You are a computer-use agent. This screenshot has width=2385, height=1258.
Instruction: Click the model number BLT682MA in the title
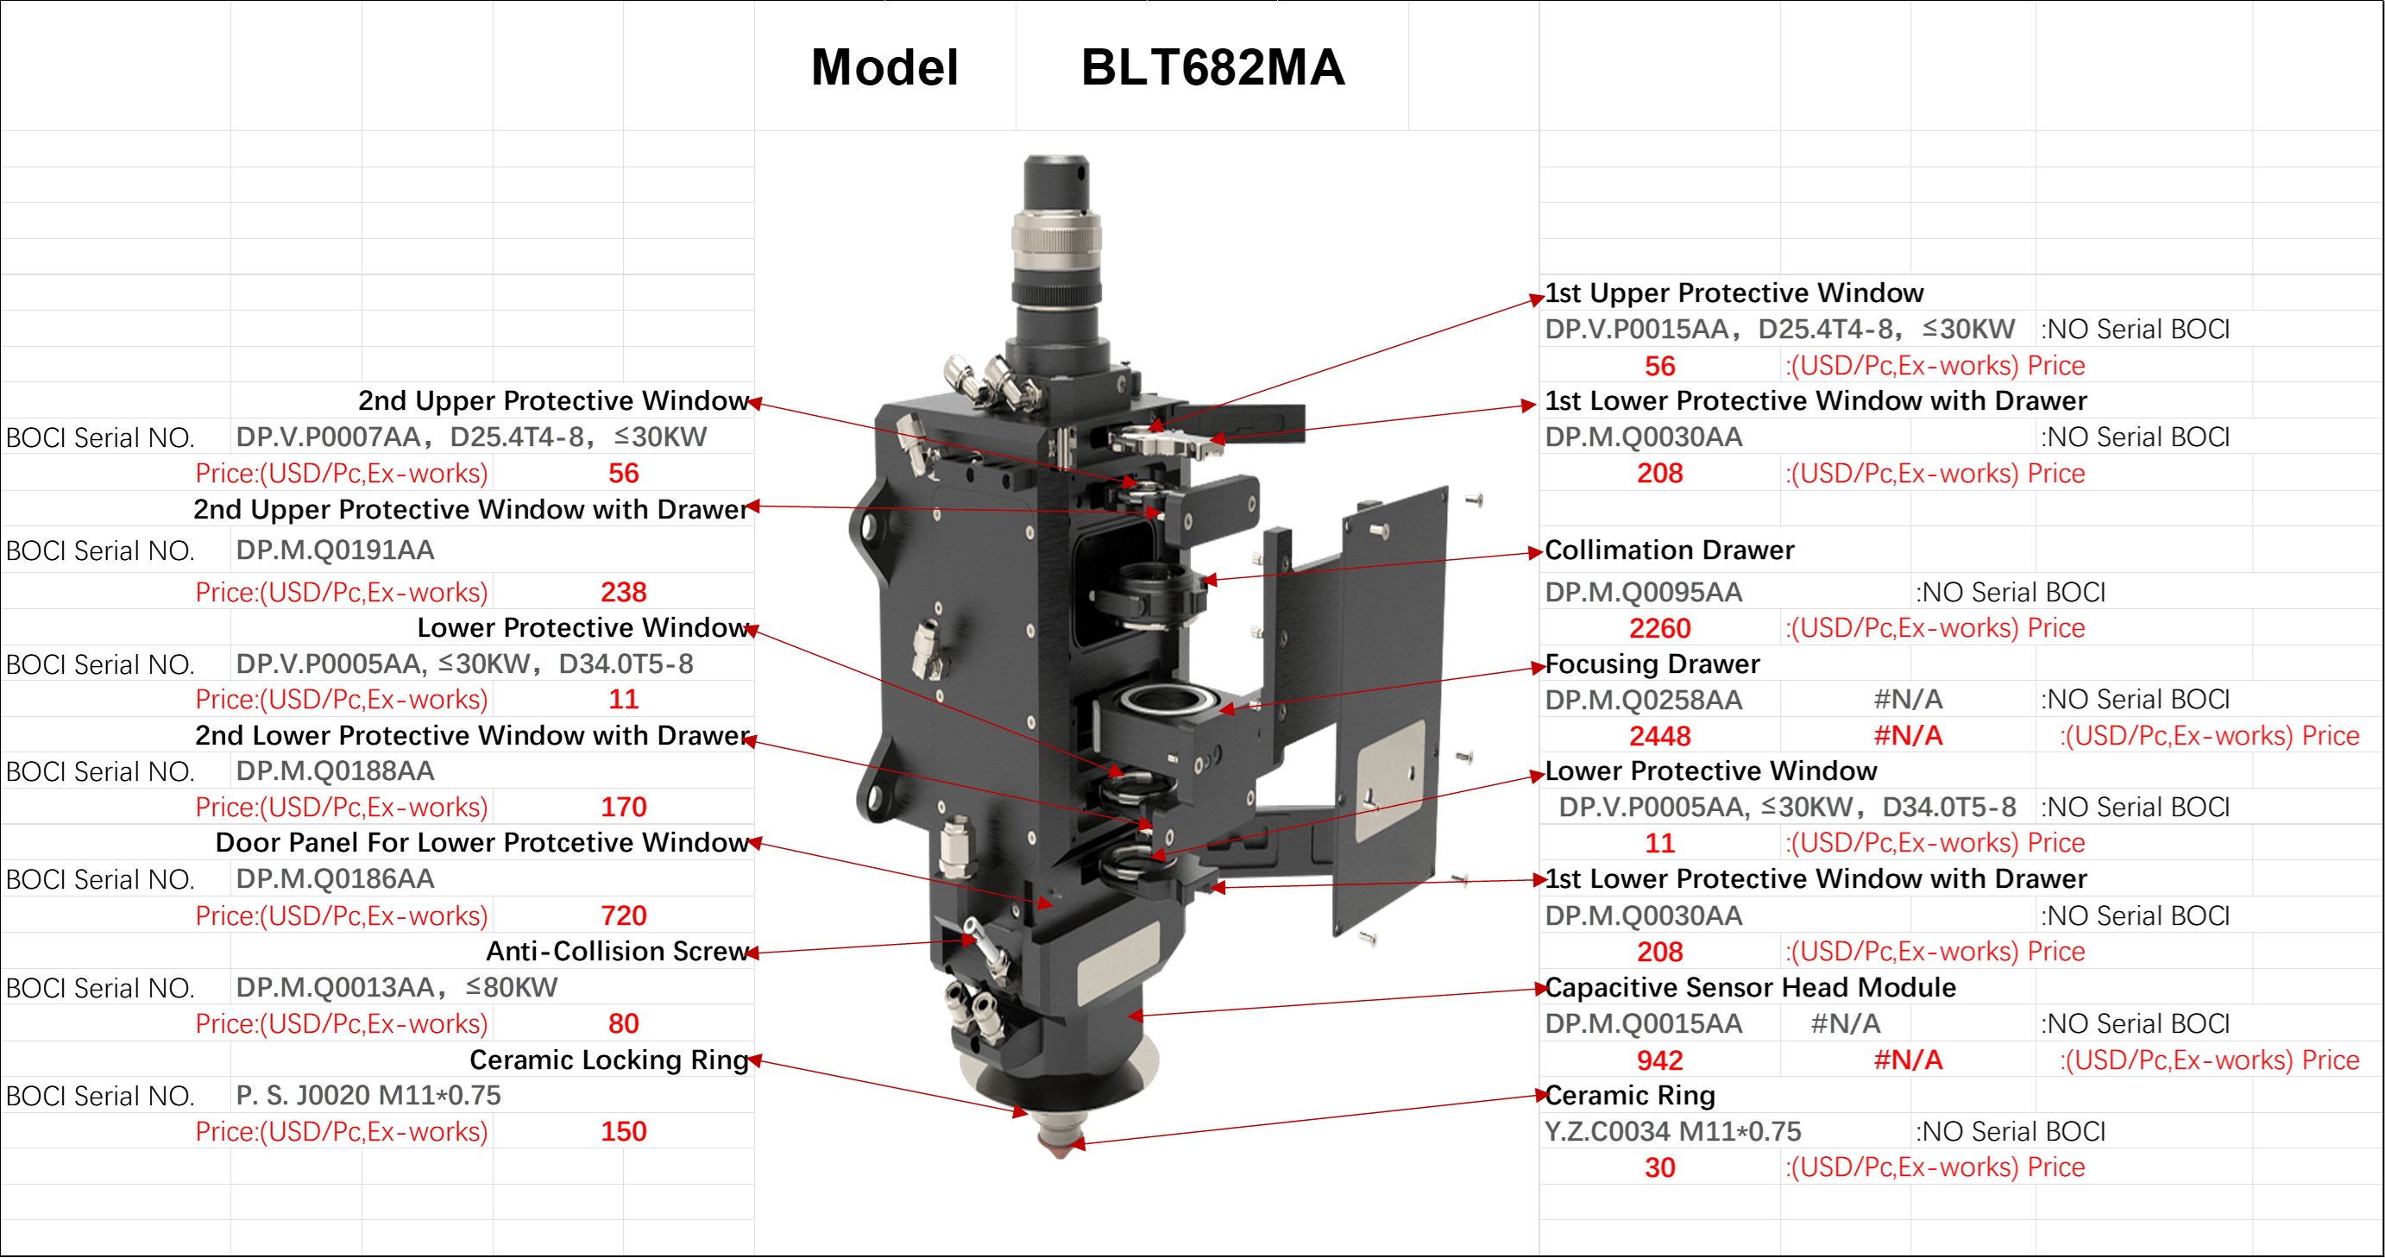pos(1213,67)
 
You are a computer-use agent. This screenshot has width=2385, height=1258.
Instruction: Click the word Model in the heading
pos(884,67)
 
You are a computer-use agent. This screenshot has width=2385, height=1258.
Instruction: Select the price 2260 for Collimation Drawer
pos(1660,628)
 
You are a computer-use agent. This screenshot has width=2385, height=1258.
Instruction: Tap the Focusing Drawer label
pos(1652,664)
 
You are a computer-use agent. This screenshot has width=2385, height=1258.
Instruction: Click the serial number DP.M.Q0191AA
pos(335,550)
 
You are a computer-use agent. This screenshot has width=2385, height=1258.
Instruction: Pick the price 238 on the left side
pos(624,593)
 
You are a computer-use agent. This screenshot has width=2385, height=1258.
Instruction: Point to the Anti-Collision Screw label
pos(617,952)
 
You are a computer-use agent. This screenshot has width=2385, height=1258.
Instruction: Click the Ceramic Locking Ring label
pos(608,1060)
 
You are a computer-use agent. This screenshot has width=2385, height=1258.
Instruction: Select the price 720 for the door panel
pos(624,915)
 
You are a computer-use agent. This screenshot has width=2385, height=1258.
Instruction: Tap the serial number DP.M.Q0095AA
pos(1644,593)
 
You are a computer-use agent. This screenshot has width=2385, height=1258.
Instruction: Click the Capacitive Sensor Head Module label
pos(1750,988)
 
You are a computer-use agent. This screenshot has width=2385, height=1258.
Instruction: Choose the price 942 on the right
pos(1660,1060)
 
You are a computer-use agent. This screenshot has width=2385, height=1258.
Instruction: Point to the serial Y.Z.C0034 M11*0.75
pos(1673,1131)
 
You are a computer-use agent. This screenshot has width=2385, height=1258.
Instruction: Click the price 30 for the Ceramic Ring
pos(1660,1168)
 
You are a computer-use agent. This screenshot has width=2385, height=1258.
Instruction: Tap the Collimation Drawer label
pos(1670,550)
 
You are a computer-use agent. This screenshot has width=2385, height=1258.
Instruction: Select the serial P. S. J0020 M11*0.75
pos(368,1096)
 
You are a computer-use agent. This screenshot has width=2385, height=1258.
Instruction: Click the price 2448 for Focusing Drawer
pos(1660,736)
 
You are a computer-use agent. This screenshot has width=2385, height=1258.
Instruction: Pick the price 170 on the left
pos(624,808)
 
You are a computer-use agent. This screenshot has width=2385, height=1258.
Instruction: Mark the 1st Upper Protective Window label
pos(1734,292)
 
